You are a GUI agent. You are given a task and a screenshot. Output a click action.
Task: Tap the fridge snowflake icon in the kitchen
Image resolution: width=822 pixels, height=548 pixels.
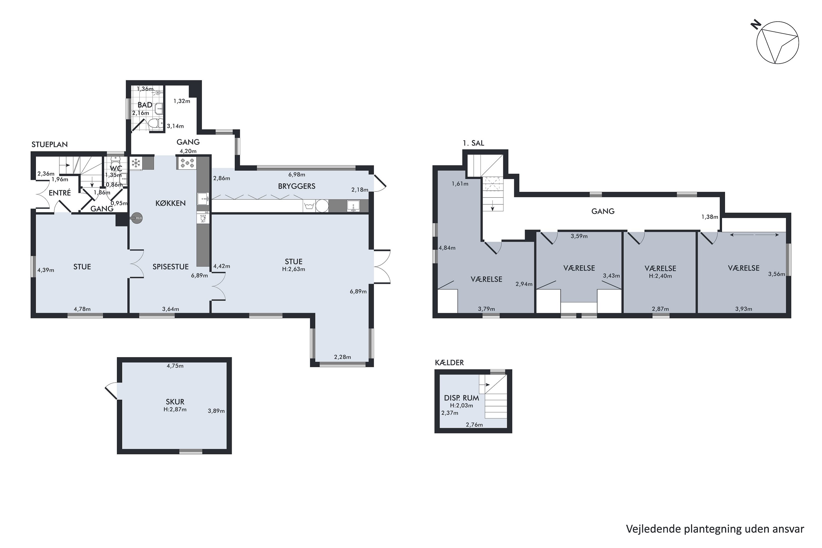coord(136,162)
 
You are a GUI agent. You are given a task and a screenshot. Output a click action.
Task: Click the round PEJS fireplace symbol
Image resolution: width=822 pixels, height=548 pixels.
coord(137,218)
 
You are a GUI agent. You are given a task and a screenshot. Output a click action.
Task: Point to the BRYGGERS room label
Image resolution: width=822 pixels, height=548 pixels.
coord(297,186)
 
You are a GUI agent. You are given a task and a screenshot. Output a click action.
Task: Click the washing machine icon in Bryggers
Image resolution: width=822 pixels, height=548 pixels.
coord(309,206)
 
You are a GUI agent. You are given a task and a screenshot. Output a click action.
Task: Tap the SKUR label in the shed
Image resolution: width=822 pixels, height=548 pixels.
coord(175,402)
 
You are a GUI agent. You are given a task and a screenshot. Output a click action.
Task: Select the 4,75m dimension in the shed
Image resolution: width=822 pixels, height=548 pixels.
coord(175,366)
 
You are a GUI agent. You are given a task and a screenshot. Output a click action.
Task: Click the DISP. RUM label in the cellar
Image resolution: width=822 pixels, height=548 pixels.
coord(461,398)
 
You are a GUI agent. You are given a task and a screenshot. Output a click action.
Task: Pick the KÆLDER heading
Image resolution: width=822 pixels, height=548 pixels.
coord(449,363)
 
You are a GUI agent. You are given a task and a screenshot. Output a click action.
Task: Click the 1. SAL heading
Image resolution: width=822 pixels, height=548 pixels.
coord(473,143)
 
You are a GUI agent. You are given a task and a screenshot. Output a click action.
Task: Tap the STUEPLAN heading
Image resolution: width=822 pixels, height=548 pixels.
coord(50,145)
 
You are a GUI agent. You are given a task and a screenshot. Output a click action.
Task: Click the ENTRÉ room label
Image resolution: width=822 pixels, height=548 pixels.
coord(60,193)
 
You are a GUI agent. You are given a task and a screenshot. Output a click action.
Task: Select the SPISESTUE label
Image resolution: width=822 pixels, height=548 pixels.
coord(170,267)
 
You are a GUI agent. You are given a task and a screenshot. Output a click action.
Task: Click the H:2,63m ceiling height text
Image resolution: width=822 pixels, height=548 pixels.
coord(293,269)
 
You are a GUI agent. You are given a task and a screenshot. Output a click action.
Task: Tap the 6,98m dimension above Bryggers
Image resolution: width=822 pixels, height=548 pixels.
coord(297,174)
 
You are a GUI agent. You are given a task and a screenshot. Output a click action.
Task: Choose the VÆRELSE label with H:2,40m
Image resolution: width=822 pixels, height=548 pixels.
coord(660,269)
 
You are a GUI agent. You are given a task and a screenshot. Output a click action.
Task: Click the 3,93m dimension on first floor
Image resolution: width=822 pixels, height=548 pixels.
coord(744,309)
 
